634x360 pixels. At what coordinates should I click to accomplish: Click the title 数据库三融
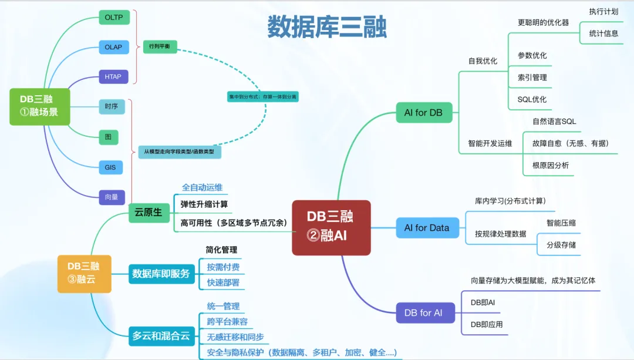(327, 27)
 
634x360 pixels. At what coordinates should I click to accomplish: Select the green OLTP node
(114, 18)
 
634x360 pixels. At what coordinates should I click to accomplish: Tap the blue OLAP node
(114, 47)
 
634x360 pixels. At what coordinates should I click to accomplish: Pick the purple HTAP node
(113, 76)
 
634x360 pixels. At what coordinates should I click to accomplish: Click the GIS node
(110, 167)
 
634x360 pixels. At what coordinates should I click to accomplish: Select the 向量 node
(112, 197)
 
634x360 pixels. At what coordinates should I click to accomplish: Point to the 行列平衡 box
(160, 47)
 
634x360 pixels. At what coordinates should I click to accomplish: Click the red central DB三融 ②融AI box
(331, 227)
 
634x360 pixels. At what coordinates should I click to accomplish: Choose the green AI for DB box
(423, 112)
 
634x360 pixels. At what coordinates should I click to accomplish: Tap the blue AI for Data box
(427, 228)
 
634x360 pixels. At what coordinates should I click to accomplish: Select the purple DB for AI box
(423, 312)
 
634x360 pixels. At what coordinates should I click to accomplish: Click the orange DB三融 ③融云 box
(84, 273)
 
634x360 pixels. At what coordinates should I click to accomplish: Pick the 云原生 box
(149, 212)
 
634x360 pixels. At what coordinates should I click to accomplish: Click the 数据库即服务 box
(161, 273)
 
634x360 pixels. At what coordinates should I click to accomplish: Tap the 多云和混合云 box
(161, 336)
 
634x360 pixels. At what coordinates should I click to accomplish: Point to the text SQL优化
(532, 99)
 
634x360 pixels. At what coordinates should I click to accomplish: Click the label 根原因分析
(551, 165)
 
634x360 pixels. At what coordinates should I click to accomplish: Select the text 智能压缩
(561, 223)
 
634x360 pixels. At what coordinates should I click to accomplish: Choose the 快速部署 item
(223, 282)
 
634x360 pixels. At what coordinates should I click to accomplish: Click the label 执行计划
(603, 11)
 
